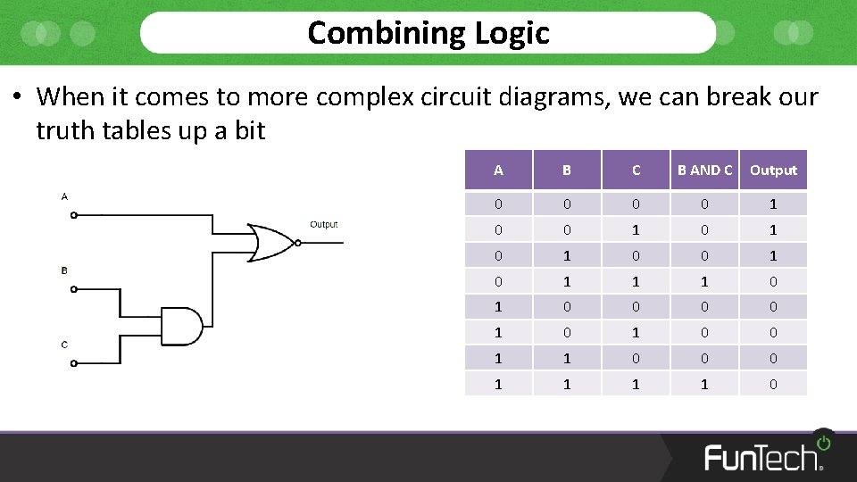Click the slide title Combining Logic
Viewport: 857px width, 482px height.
click(x=428, y=33)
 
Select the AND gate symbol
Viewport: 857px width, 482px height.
click(x=182, y=326)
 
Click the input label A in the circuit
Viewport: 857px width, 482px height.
click(x=64, y=196)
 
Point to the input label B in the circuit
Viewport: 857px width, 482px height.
click(x=64, y=270)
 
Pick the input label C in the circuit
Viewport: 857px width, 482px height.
click(x=64, y=345)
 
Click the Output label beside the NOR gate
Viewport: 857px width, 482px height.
click(x=323, y=225)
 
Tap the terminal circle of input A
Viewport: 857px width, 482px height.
click(x=74, y=215)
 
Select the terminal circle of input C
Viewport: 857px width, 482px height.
click(x=74, y=362)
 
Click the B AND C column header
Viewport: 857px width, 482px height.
click(x=704, y=170)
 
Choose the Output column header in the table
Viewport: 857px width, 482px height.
click(x=773, y=170)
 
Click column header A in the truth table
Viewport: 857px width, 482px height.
click(x=498, y=170)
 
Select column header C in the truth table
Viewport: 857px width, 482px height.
click(x=636, y=170)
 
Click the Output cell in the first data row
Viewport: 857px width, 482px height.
click(x=773, y=204)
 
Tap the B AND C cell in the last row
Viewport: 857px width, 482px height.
click(x=704, y=384)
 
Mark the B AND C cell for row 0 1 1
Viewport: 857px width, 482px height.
click(x=704, y=281)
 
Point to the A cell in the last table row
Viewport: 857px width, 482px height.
click(x=498, y=384)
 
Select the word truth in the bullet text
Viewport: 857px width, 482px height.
click(x=66, y=130)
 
